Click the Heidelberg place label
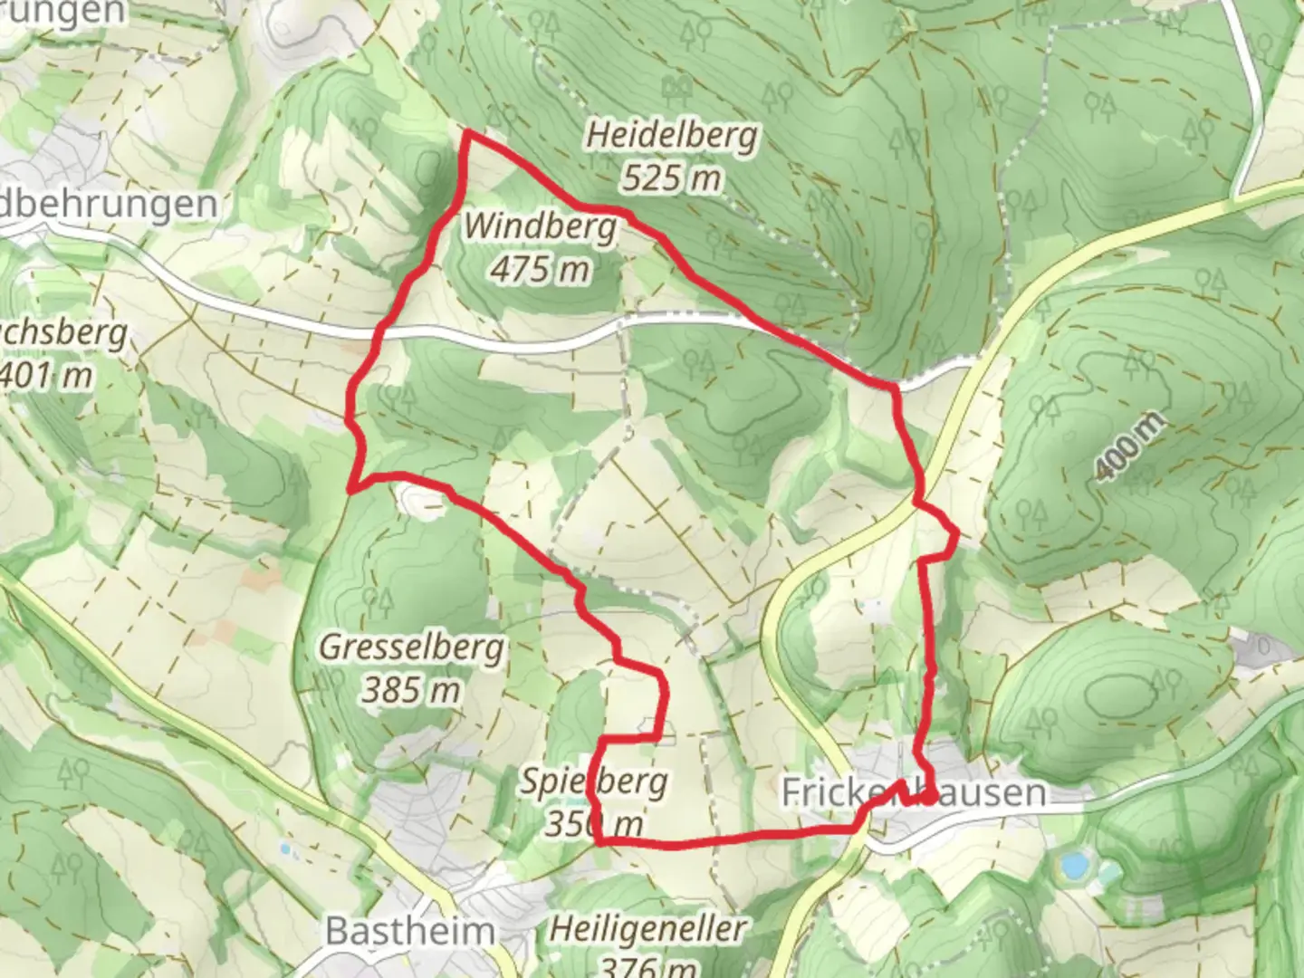[x=671, y=136]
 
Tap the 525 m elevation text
[x=671, y=177]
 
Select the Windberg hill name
[x=541, y=226]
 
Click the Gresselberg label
[x=412, y=647]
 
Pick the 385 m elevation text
[x=412, y=690]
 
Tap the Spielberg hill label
[x=594, y=781]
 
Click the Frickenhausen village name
[x=913, y=792]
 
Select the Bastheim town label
[x=410, y=931]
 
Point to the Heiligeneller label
[x=648, y=928]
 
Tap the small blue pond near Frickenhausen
[x=1074, y=867]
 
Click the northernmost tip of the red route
[x=468, y=133]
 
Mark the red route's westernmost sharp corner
[x=350, y=491]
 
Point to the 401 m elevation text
[x=45, y=375]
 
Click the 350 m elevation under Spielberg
[x=594, y=823]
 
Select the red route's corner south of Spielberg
[x=599, y=842]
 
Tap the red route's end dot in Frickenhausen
[x=929, y=798]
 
